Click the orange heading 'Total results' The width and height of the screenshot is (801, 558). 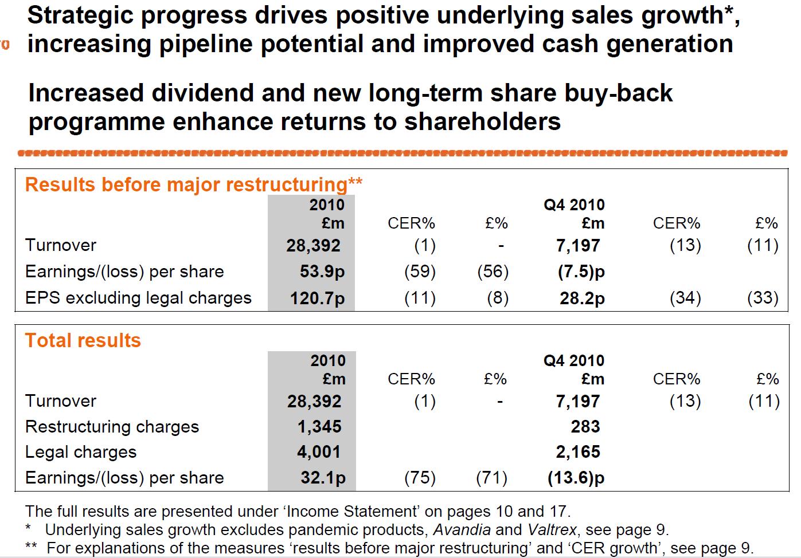pos(83,341)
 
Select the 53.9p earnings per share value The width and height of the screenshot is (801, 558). pos(322,272)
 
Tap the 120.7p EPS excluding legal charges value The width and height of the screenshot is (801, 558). pos(317,298)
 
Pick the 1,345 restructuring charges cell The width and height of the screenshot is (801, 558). pos(319,427)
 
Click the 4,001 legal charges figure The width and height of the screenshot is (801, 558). pos(319,452)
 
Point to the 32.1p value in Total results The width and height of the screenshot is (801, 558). pos(323,478)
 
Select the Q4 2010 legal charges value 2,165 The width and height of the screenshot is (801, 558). pos(578,452)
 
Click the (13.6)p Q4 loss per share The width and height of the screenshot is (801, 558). pos(576,478)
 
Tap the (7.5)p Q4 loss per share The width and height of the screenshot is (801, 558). pos(581,272)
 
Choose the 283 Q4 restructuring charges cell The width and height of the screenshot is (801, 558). pos(585,427)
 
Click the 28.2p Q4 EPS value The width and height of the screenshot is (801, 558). pos(582,298)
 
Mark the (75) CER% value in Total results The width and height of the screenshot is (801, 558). pos(420,478)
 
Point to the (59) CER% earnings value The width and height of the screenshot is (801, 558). pos(420,272)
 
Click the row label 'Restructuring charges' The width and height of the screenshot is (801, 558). pos(112,427)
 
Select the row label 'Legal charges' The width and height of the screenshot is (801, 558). pos(81,452)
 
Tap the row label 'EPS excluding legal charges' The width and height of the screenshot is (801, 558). pos(138,298)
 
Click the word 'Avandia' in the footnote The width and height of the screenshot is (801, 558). pos(462,530)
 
